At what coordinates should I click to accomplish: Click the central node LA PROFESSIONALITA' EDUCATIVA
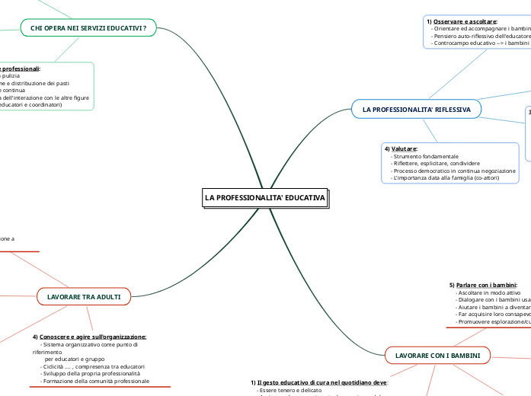point(264,198)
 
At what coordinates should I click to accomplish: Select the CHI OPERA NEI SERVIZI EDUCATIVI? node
point(88,28)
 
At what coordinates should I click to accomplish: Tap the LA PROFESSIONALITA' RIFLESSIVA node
point(416,110)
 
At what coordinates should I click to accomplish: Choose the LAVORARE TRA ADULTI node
point(84,296)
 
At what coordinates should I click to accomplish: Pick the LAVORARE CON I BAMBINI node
point(438,355)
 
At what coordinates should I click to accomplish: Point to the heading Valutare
point(403,148)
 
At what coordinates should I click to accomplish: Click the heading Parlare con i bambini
point(487,285)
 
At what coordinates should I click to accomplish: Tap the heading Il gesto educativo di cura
point(312,382)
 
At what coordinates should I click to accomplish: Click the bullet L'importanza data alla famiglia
point(446,178)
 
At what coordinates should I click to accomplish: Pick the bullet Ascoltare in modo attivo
point(488,292)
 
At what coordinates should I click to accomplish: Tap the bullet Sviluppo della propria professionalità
point(92,373)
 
